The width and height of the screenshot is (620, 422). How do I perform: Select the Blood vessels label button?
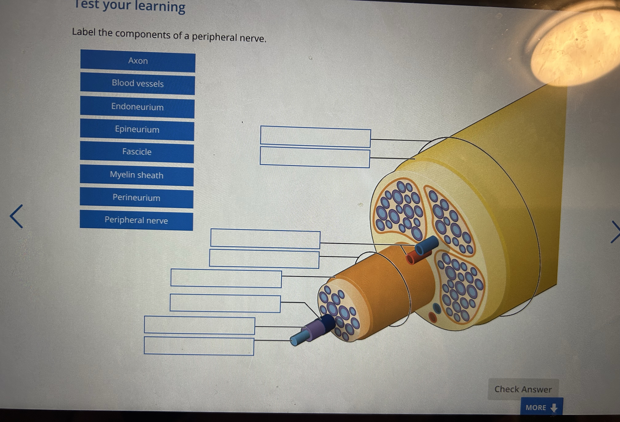click(138, 84)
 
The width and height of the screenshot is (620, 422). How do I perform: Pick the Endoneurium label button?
click(137, 107)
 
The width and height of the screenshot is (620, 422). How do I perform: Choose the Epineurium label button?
click(137, 129)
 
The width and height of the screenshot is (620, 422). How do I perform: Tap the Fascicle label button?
click(137, 152)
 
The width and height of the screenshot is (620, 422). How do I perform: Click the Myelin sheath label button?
click(137, 175)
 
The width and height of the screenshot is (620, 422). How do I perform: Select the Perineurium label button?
click(136, 198)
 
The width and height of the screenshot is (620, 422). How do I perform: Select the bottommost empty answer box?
click(199, 346)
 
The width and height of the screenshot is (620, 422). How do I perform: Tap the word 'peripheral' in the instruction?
click(214, 37)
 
